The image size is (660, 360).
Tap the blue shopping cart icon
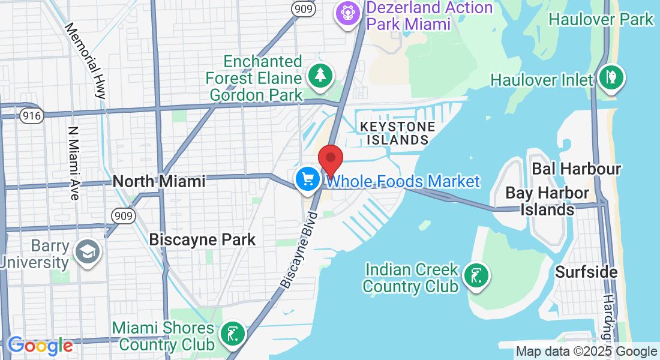308,179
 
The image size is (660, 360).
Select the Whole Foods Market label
403,181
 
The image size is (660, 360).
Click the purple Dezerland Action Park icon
347,13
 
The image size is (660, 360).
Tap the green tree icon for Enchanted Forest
320,76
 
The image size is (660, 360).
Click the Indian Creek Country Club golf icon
476,277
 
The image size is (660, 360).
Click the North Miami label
158,181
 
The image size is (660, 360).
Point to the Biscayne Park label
202,239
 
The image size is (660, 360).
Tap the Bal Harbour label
577,169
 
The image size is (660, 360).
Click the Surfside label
586,272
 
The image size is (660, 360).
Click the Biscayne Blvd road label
298,249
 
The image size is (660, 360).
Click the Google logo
40,346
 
